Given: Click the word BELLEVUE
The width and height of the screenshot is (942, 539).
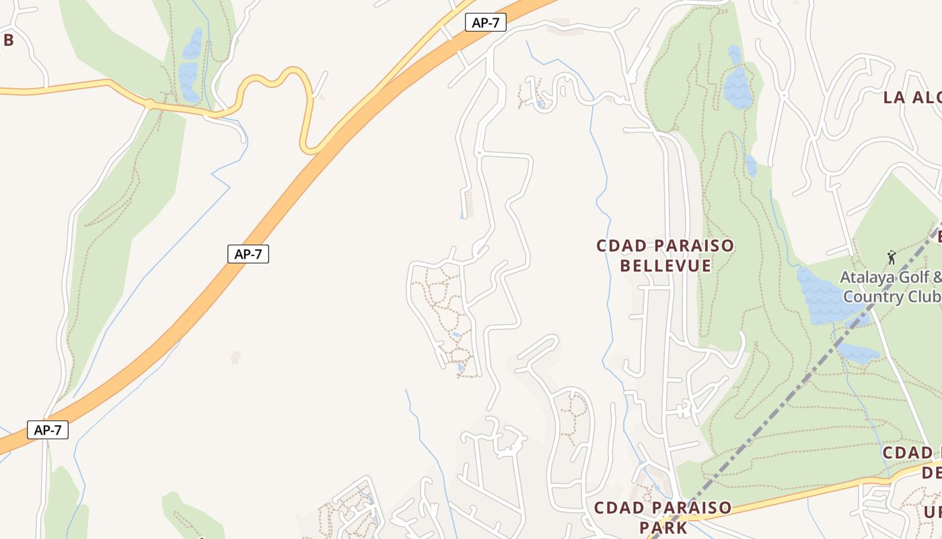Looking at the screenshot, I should pos(665,265).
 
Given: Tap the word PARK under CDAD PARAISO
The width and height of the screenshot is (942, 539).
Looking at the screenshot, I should pos(663,527).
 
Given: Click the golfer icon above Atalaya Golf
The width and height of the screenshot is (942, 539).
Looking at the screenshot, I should pos(892,257).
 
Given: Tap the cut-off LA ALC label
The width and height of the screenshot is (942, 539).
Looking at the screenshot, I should pos(912,97).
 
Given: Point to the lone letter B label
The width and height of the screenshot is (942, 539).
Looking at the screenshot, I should pos(8,40).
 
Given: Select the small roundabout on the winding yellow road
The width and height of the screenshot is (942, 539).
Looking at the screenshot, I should pos(149,104).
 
